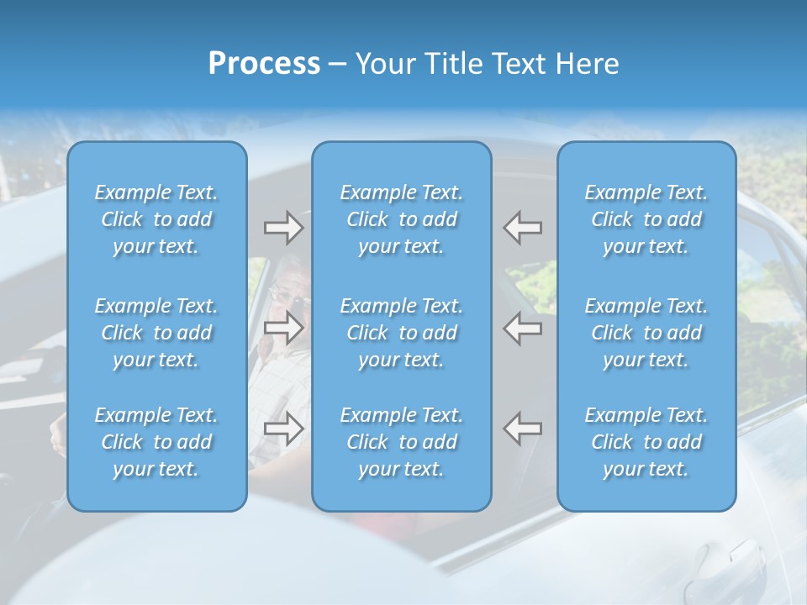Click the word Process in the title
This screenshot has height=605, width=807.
pyautogui.click(x=264, y=64)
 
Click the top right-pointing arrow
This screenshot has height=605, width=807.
pyautogui.click(x=283, y=228)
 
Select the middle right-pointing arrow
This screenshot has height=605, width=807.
pyautogui.click(x=283, y=328)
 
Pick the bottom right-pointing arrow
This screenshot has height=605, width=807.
pyautogui.click(x=283, y=429)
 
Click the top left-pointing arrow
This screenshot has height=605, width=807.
pyautogui.click(x=523, y=228)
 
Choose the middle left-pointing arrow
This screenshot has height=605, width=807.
pyautogui.click(x=523, y=328)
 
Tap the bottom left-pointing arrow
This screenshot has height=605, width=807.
pyautogui.click(x=523, y=429)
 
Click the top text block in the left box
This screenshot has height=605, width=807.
pyautogui.click(x=156, y=219)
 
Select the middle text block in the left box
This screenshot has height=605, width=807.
pyautogui.click(x=156, y=333)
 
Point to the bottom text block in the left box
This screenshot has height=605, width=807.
pyautogui.click(x=156, y=442)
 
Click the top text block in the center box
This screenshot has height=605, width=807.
pyautogui.click(x=401, y=219)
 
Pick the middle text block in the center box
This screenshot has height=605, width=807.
pyautogui.click(x=401, y=333)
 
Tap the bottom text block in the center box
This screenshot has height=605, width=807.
pyautogui.click(x=401, y=442)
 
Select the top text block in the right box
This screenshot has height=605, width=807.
pyautogui.click(x=646, y=219)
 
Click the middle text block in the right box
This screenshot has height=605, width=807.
pyautogui.click(x=646, y=333)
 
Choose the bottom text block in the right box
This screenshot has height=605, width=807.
pyautogui.click(x=646, y=442)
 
